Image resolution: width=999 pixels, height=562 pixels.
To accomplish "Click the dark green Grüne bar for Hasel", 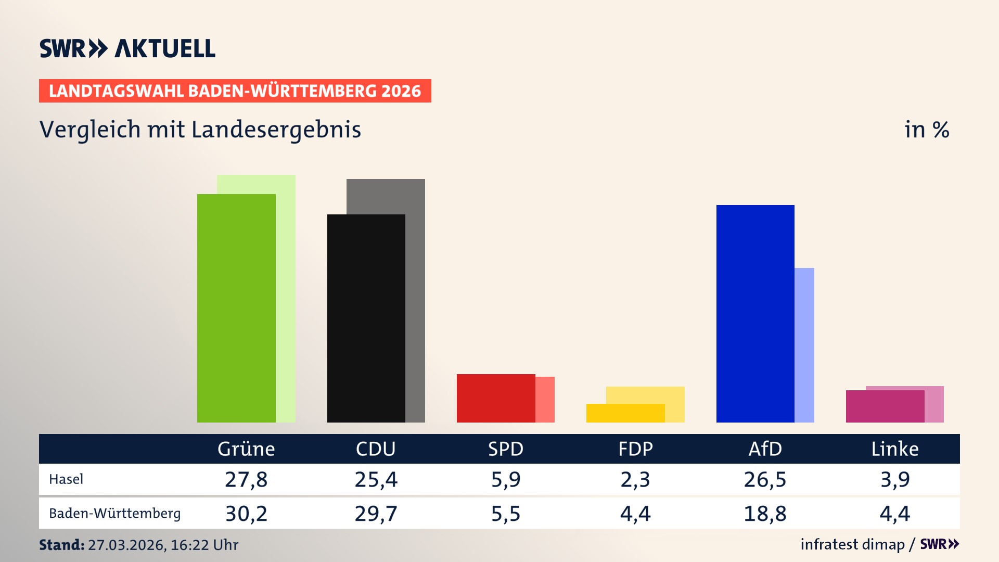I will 236,308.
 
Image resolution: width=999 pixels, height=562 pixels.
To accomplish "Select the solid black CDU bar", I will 366,318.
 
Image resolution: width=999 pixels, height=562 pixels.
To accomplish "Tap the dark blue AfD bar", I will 755,313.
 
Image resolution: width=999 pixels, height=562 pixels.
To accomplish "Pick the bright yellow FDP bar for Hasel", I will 625,413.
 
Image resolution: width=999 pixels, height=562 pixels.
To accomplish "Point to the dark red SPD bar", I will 495,398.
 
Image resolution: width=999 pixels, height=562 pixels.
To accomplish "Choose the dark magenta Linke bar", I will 885,406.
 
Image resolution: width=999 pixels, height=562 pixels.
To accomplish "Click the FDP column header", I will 635,449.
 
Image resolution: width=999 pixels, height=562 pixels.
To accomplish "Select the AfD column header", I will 765,449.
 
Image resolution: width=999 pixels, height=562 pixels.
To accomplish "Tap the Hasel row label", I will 66,479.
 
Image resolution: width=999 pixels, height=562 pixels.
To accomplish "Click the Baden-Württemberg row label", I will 114,514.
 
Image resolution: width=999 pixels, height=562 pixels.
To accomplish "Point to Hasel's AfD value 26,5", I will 765,479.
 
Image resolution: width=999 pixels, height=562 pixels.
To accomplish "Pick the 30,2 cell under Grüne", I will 246,514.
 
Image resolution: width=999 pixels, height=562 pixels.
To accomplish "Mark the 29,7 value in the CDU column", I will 376,514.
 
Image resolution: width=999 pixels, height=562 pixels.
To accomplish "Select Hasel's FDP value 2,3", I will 635,479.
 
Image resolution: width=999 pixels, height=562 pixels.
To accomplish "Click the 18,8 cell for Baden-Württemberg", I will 765,514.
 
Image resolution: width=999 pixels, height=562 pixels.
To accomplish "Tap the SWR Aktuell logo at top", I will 127,48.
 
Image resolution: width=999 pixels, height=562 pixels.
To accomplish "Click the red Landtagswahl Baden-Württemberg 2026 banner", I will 235,91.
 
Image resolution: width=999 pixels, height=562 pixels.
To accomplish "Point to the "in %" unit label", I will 927,130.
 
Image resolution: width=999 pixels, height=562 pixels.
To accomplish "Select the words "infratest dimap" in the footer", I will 852,544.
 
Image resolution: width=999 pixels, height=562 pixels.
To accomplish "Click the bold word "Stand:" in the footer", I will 61,545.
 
